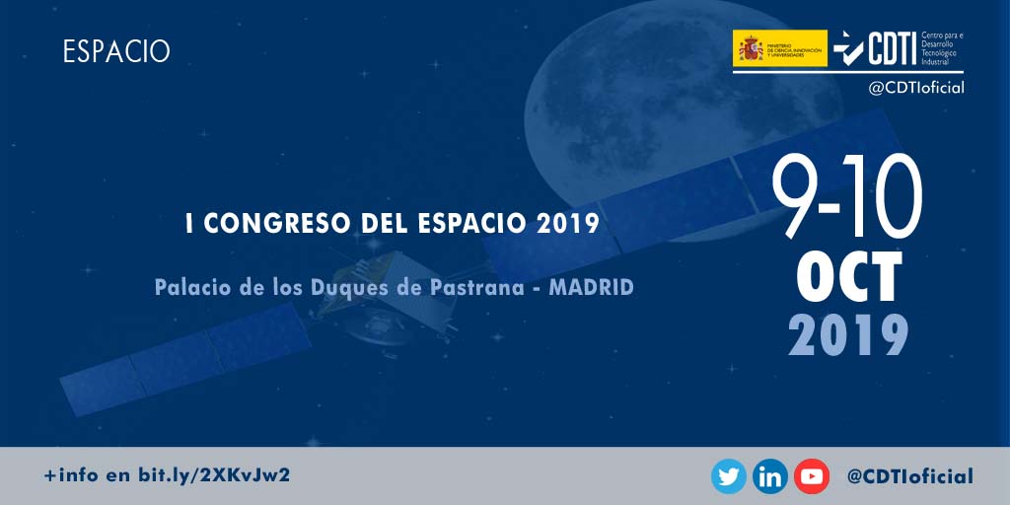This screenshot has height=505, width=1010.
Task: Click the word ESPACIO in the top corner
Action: [116, 51]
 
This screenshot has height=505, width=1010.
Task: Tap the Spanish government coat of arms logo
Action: [751, 47]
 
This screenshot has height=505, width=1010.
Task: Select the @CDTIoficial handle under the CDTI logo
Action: [915, 88]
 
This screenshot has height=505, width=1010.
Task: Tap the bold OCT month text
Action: [849, 278]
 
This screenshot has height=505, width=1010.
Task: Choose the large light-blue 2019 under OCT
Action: [848, 335]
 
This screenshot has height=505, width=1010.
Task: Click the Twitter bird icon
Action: [728, 476]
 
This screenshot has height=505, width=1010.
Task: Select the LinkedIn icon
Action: [769, 476]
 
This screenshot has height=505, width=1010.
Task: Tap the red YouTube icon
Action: [811, 476]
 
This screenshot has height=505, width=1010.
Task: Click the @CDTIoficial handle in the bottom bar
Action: [909, 476]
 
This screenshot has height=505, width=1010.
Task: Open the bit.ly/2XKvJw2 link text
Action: [213, 475]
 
